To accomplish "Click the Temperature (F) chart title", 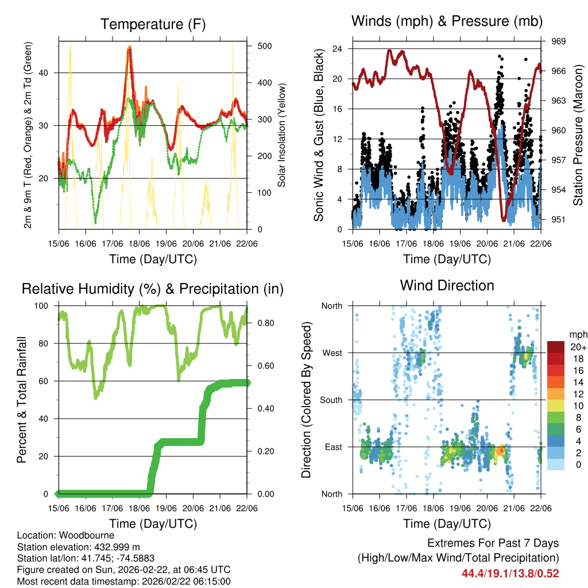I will coord(153,24).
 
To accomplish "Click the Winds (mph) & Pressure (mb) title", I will coord(446,22).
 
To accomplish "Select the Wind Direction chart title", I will coord(447,285).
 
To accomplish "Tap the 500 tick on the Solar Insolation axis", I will coord(265,46).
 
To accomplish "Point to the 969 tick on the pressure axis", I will coord(559,41).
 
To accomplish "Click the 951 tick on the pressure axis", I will coord(559,219).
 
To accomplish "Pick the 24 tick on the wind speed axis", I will coord(338,49).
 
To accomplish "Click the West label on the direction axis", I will coord(331,353).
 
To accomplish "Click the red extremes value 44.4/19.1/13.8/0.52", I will coord(510,573).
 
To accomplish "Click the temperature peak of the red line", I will coord(130,49).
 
